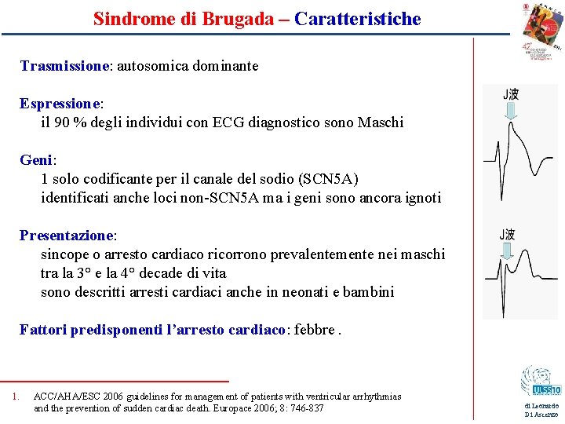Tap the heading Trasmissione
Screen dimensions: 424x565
[64, 66]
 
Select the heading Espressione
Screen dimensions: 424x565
[60, 104]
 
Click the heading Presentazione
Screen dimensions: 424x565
[67, 236]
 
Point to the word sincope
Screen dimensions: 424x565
[66, 254]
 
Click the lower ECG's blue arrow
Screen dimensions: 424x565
[507, 251]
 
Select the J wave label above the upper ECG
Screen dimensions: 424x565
[510, 95]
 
